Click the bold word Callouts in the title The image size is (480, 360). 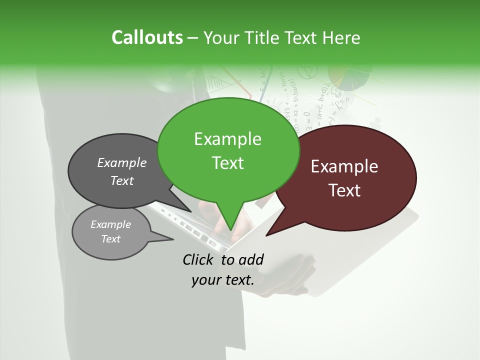click(x=147, y=37)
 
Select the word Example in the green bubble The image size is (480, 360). click(x=227, y=139)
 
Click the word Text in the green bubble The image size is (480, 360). click(x=227, y=162)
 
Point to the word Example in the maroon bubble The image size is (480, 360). click(x=344, y=166)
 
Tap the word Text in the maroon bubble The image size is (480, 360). click(x=344, y=190)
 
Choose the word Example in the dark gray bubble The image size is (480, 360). click(x=121, y=162)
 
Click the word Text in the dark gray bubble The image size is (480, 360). click(x=121, y=180)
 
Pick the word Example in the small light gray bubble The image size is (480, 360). click(x=110, y=224)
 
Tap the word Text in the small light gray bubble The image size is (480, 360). click(x=110, y=239)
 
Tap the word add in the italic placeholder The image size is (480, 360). click(x=251, y=259)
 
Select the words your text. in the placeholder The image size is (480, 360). click(x=223, y=280)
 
